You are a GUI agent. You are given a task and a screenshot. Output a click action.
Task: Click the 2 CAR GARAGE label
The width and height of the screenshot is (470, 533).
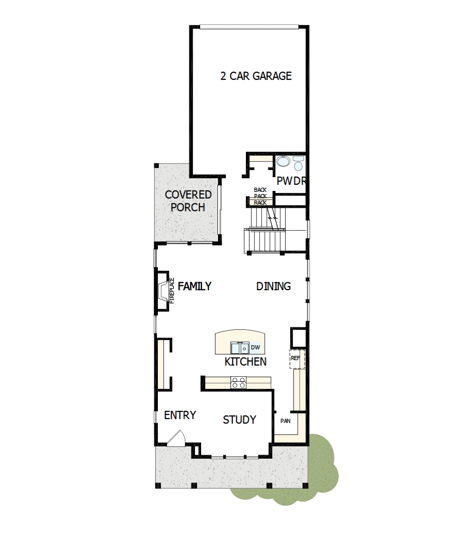(256, 76)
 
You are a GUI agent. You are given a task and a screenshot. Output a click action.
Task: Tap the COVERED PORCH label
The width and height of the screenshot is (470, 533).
(188, 201)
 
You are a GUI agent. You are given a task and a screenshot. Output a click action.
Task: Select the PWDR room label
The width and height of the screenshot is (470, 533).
(291, 181)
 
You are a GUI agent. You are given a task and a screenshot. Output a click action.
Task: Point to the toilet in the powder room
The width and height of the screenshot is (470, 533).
(298, 163)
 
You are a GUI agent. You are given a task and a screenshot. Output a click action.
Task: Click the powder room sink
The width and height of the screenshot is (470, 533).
(283, 161)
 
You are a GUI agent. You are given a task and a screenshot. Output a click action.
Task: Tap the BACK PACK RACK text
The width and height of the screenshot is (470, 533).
(260, 196)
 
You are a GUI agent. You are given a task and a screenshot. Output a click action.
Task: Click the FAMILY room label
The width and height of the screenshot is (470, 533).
(195, 286)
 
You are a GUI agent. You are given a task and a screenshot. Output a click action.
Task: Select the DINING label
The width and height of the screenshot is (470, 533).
(273, 286)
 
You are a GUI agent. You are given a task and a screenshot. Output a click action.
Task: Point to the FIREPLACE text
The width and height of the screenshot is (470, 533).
(172, 291)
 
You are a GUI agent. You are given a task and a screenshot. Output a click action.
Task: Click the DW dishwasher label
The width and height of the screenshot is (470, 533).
(256, 347)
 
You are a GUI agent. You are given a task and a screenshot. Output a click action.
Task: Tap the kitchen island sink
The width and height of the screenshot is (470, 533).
(240, 348)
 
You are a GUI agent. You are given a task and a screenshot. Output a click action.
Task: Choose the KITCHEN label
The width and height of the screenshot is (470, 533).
(245, 361)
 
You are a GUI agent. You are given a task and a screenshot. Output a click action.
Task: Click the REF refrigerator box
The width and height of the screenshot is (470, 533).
(297, 358)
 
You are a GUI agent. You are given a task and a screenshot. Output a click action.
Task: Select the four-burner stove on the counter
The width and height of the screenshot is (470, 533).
(238, 382)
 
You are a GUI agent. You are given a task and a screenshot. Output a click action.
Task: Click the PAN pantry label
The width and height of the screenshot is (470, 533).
(285, 421)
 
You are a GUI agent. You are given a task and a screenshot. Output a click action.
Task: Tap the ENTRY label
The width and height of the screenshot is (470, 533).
(180, 415)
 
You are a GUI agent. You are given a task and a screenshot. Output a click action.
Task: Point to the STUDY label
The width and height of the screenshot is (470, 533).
(239, 420)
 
